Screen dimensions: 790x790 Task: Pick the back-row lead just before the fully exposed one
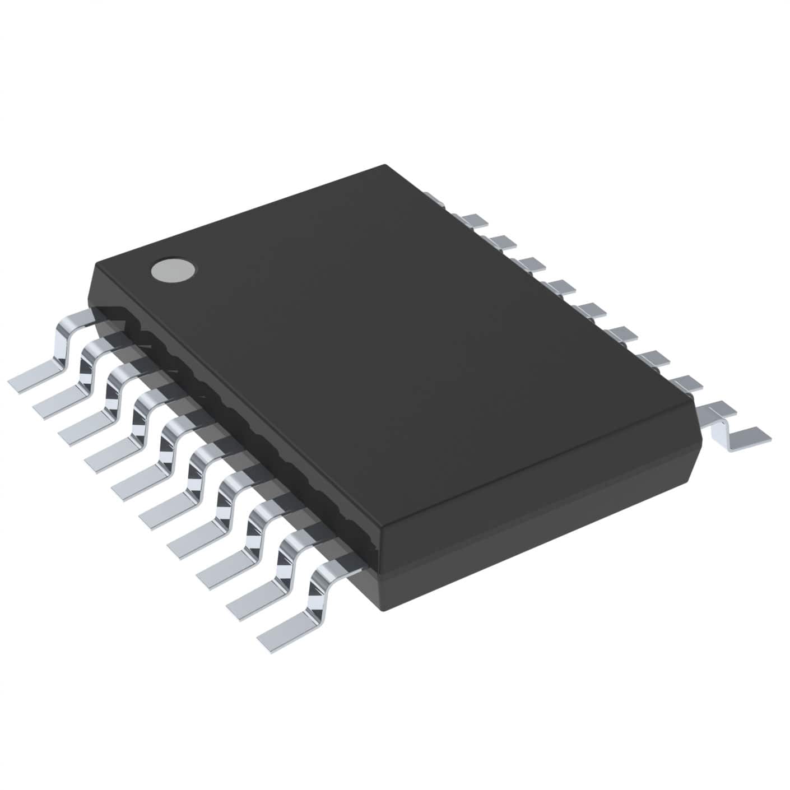click(685, 383)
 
